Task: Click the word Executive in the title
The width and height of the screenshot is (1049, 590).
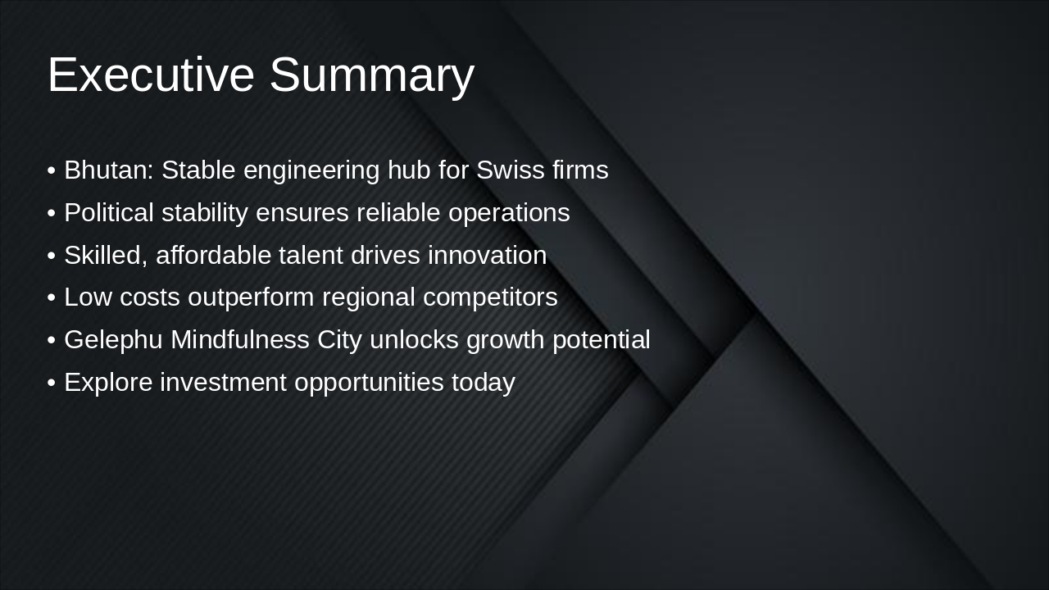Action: tap(151, 75)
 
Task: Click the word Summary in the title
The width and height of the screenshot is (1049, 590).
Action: tap(371, 75)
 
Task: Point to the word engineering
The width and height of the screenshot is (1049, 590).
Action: tap(311, 170)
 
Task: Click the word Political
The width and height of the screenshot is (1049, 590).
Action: tap(108, 213)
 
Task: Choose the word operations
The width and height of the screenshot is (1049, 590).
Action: tap(508, 213)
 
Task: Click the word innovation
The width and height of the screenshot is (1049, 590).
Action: tap(487, 256)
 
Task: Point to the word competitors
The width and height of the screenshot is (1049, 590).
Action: tap(490, 297)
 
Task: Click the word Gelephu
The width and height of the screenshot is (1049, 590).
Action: tap(113, 340)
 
